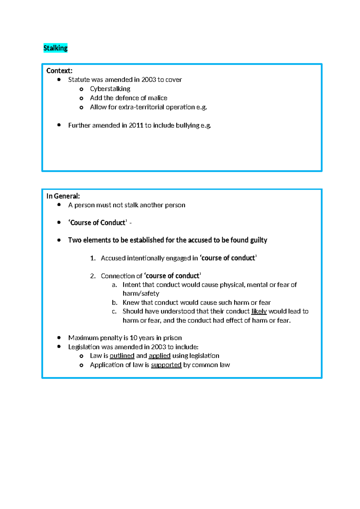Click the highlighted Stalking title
point(55,48)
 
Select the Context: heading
point(59,71)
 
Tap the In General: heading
point(63,196)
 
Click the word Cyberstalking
point(110,89)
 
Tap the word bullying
point(187,125)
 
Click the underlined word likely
point(259,312)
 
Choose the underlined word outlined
point(122,356)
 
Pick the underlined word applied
point(160,356)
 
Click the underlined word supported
point(166,365)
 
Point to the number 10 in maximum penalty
point(133,338)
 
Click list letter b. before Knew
point(114,303)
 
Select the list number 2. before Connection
point(93,276)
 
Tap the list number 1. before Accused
point(93,258)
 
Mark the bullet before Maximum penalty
point(59,338)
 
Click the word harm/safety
point(141,294)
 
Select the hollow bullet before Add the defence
point(81,98)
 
